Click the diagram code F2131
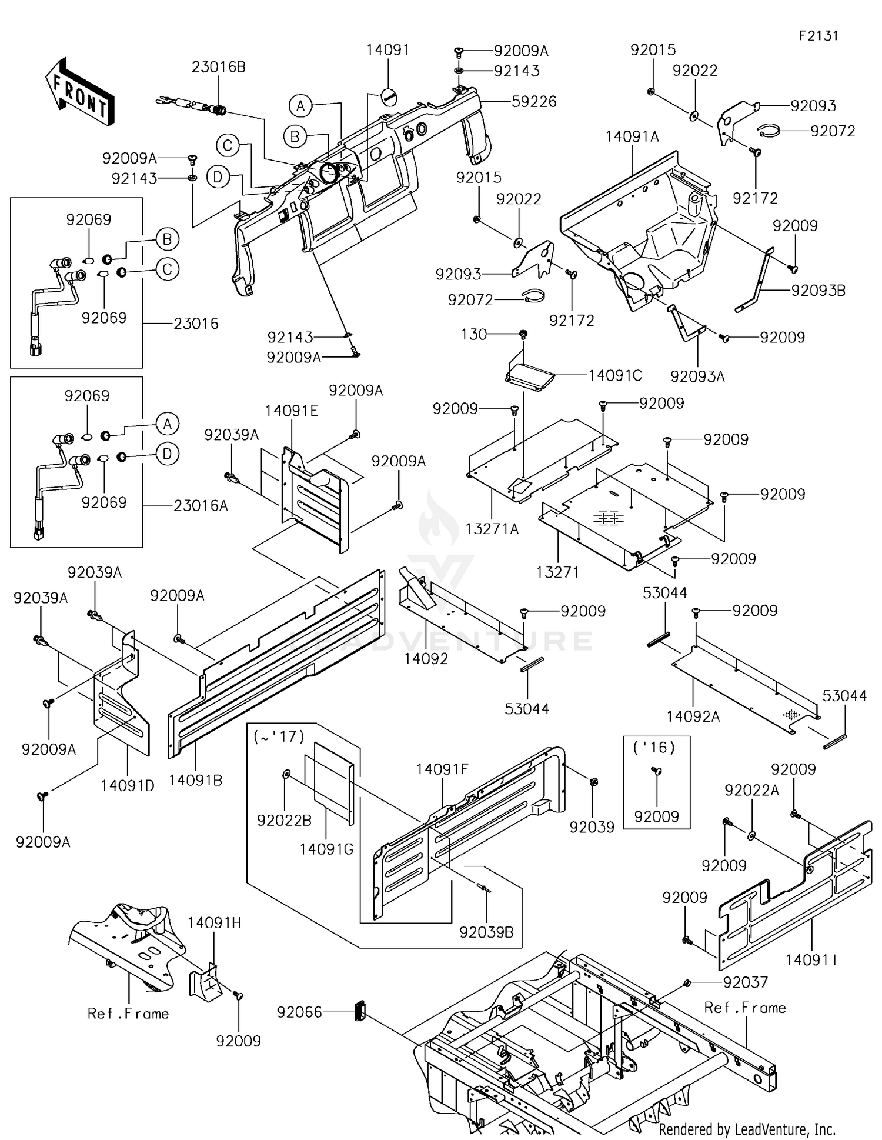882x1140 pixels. coord(818,36)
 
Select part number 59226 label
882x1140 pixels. coord(533,102)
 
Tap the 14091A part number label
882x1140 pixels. coord(632,137)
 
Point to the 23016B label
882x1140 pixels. coord(218,67)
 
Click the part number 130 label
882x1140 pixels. coord(474,335)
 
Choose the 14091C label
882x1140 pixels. coord(615,375)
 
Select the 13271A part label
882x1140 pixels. coord(492,529)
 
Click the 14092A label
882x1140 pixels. coord(693,716)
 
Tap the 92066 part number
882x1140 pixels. coord(299,1012)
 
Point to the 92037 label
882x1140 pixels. coord(745,982)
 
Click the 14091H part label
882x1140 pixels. coord(215,923)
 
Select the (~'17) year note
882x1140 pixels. coord(279,736)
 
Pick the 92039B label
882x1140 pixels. coord(486,932)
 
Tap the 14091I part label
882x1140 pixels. coord(811,961)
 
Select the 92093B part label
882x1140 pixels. coord(818,291)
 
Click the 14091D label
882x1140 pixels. coord(127,785)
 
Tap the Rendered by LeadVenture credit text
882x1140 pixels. coord(747,1129)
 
